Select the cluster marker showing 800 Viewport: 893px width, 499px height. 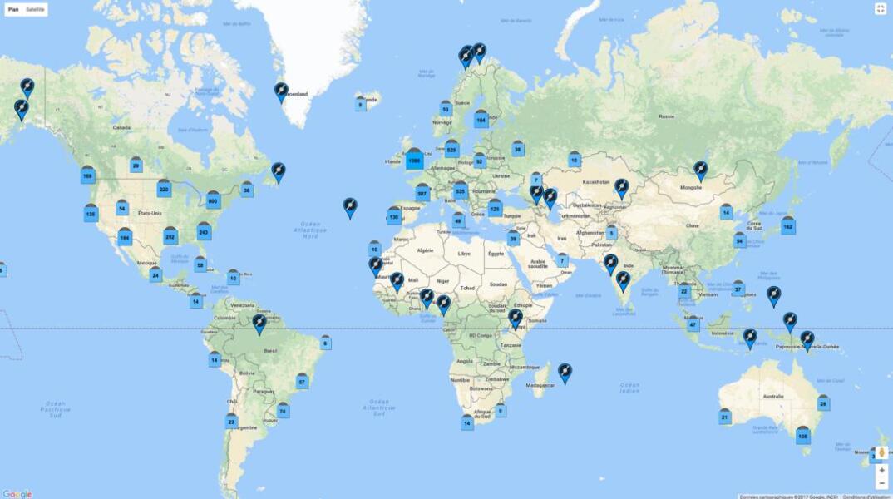click(213, 200)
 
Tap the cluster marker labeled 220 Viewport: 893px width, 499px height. click(164, 190)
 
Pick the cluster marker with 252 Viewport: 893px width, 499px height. click(170, 236)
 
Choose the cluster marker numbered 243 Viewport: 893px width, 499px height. click(204, 232)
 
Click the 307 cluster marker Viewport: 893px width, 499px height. click(422, 193)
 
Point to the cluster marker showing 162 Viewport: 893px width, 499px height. click(787, 225)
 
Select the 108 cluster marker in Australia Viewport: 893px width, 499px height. click(802, 435)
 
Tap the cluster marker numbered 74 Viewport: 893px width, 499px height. click(283, 410)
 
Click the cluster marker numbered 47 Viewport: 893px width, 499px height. click(693, 324)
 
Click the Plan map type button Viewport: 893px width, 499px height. click(13, 9)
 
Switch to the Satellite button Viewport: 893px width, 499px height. click(36, 9)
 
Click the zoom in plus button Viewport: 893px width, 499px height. click(881, 470)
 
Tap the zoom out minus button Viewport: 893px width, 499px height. click(881, 483)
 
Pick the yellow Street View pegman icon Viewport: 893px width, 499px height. click(881, 452)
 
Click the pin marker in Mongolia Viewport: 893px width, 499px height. click(700, 170)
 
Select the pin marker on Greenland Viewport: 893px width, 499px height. click(281, 91)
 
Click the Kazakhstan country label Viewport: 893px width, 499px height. click(595, 181)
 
